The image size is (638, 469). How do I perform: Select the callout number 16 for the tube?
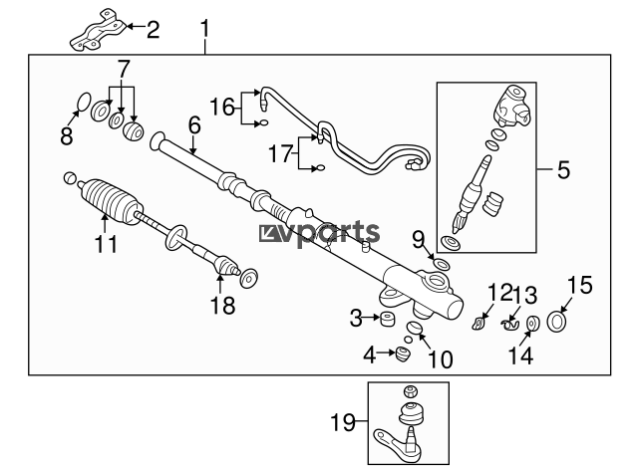click(x=222, y=106)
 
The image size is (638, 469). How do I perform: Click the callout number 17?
click(x=281, y=154)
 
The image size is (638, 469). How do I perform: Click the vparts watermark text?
click(x=319, y=233)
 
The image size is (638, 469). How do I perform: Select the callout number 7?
click(x=123, y=70)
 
